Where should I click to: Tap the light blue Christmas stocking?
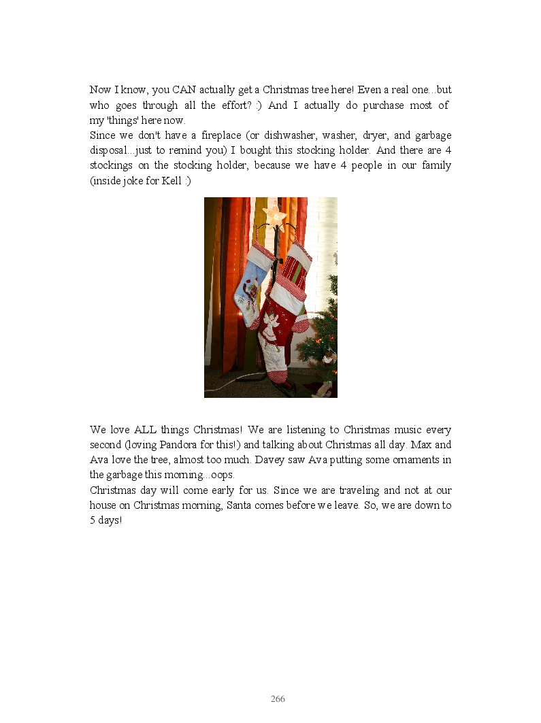click(248, 286)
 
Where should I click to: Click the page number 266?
click(278, 699)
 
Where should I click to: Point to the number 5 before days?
click(93, 520)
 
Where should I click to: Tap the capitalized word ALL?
click(146, 430)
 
